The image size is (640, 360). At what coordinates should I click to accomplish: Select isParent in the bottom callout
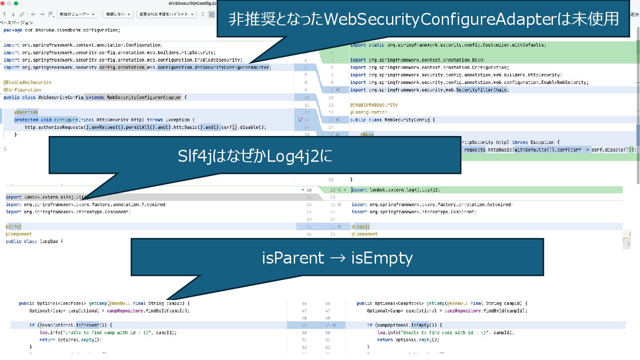point(293,258)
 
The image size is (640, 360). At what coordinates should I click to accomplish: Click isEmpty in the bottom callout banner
point(382,258)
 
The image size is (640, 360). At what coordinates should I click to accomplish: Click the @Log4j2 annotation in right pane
point(360,227)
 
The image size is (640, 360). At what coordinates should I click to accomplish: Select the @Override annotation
point(26,112)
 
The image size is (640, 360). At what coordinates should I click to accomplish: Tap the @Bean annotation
point(367,135)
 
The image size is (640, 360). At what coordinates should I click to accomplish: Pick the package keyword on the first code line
point(12,30)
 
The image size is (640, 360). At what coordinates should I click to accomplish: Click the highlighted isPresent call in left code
point(87,325)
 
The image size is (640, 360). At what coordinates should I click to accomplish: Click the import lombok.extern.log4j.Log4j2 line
point(396,190)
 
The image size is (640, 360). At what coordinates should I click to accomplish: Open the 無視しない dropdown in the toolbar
point(118,14)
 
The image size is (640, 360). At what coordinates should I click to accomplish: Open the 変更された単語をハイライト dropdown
point(167,14)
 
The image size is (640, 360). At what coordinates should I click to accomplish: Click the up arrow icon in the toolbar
point(4,14)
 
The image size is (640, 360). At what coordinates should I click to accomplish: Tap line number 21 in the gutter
point(331,180)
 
